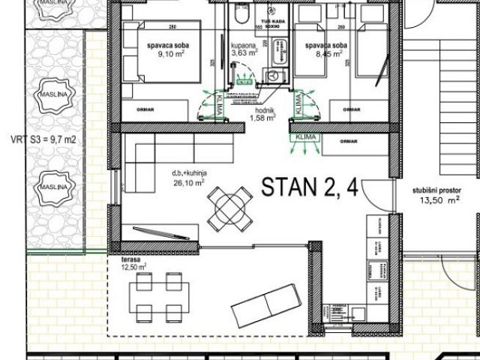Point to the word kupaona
(244, 45)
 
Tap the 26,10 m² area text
(190, 181)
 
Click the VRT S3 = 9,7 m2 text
(43, 139)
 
